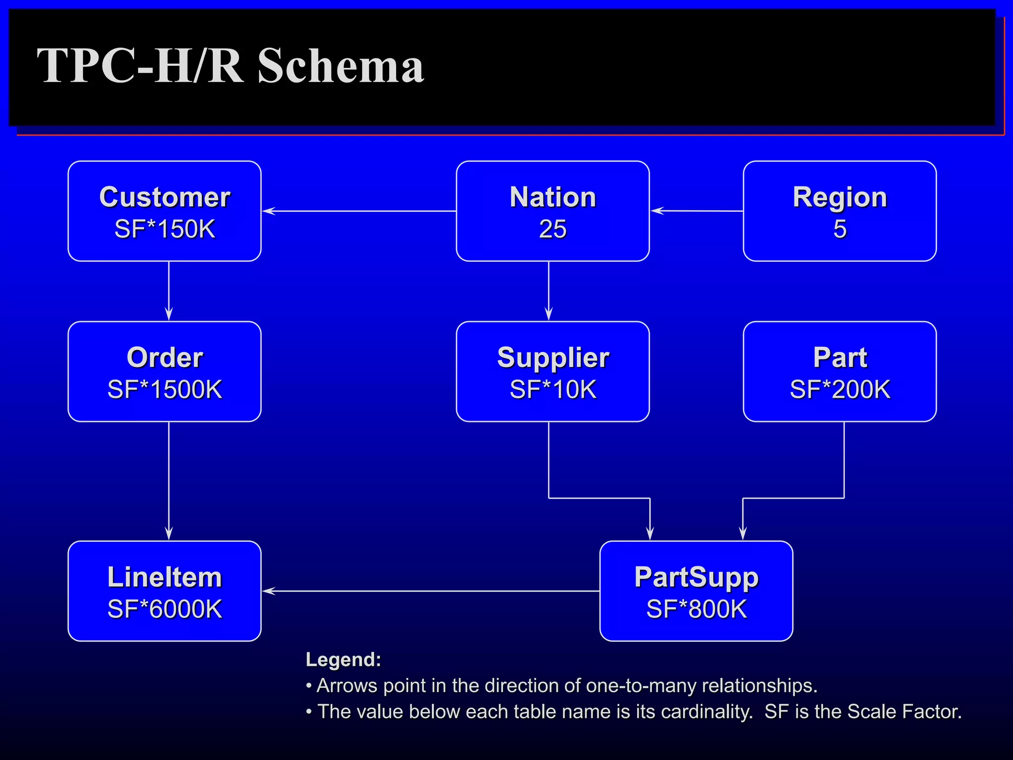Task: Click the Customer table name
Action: [x=165, y=197]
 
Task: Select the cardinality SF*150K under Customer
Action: [x=165, y=229]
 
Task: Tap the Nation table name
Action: [x=553, y=197]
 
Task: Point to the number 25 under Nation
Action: [x=553, y=229]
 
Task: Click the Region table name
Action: [x=839, y=197]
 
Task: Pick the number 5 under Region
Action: [x=839, y=229]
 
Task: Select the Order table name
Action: [x=165, y=357]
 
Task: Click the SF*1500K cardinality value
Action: [x=165, y=389]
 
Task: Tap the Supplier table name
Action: [x=553, y=357]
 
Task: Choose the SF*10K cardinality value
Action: [x=553, y=389]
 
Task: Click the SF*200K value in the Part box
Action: [x=839, y=389]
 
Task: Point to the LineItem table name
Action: [x=165, y=577]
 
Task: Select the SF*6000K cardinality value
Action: [x=165, y=609]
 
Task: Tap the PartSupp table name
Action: [x=696, y=577]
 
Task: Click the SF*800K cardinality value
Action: [x=696, y=609]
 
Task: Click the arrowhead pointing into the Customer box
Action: [x=269, y=211]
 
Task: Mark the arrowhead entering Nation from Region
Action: [x=657, y=211]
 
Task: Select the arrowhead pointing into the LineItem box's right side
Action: [x=269, y=591]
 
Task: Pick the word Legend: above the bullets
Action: [x=343, y=660]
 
